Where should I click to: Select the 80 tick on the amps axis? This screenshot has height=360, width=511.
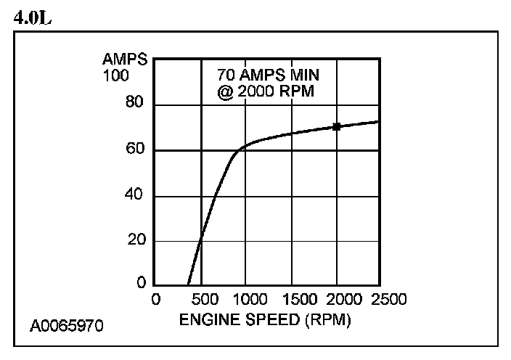[136, 105]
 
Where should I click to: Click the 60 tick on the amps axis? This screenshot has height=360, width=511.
[136, 150]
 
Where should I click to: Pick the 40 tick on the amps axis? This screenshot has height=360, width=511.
[136, 195]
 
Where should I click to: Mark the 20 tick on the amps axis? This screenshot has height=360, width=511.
[136, 240]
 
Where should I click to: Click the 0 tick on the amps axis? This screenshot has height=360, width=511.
[141, 284]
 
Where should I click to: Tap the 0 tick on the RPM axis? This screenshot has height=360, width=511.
[155, 299]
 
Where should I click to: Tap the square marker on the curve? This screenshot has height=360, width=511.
[337, 126]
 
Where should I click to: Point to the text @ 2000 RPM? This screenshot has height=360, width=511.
[266, 91]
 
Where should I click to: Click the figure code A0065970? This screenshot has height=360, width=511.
[67, 325]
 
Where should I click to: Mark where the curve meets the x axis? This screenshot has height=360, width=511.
[188, 285]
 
